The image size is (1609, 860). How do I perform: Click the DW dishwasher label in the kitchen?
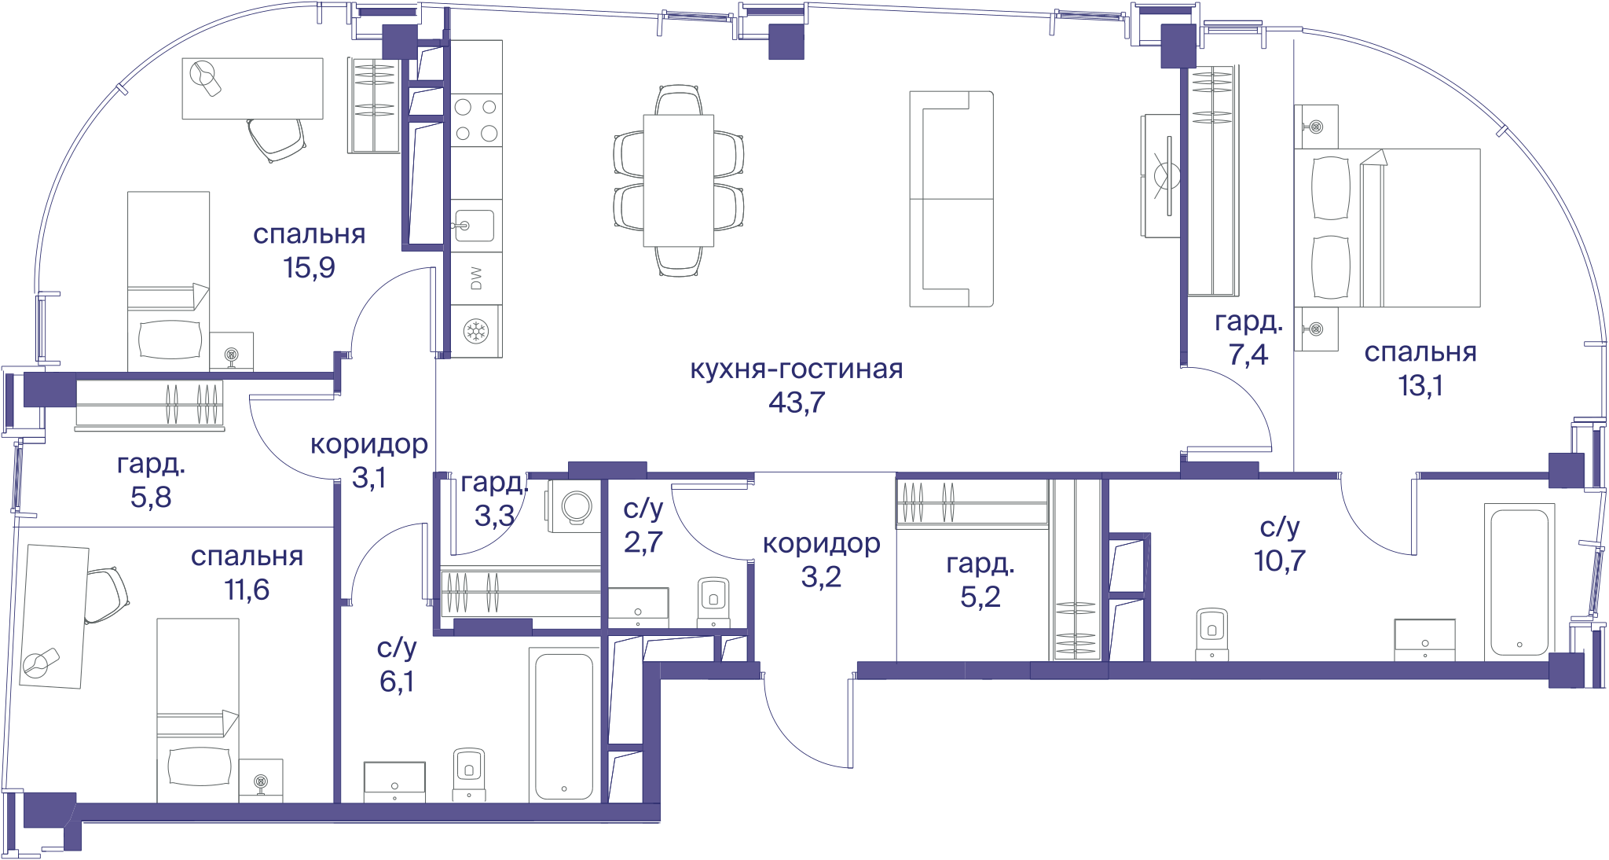click(x=476, y=278)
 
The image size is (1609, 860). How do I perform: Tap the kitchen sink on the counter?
click(x=474, y=226)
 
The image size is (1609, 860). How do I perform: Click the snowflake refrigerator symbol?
click(x=476, y=331)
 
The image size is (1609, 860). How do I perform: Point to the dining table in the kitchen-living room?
click(x=679, y=181)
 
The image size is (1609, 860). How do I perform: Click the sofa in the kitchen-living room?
click(x=951, y=199)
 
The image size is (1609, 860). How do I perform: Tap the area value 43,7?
click(x=797, y=402)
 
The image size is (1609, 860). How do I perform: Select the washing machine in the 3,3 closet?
click(x=575, y=505)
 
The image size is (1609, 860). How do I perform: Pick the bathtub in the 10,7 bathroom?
click(x=1519, y=582)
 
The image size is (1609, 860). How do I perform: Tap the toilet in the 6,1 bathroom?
click(x=469, y=774)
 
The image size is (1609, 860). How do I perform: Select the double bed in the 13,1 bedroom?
click(x=1387, y=227)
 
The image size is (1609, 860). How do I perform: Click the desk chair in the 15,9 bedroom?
click(x=275, y=139)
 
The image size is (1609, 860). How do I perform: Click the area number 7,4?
click(x=1248, y=355)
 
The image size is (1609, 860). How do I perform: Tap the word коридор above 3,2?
click(x=821, y=543)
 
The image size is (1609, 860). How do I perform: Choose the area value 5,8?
click(x=151, y=497)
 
